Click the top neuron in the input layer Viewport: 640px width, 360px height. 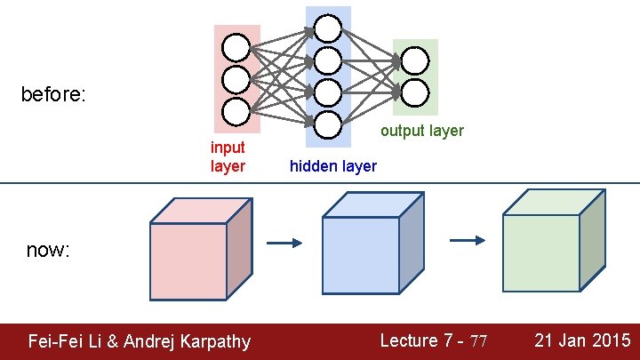236,47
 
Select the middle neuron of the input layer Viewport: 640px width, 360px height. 236,79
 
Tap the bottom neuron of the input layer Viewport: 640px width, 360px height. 236,112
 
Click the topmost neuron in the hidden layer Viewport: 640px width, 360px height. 328,28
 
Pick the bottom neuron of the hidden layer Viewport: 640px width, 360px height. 328,124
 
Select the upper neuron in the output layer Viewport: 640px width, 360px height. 415,60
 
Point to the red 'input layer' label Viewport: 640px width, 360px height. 228,156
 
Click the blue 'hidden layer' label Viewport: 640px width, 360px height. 333,166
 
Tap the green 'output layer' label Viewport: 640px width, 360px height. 422,131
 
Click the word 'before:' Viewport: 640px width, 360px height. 53,94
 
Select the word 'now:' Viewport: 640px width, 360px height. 48,251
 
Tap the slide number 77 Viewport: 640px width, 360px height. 479,341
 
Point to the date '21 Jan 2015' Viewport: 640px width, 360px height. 582,340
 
